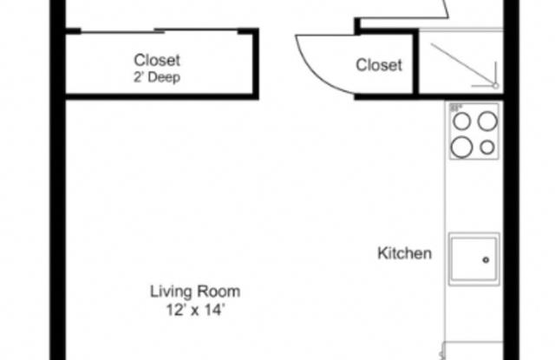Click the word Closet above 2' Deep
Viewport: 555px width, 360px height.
[157, 60]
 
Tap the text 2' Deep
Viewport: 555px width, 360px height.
[157, 75]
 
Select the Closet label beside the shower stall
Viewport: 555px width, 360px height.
[379, 65]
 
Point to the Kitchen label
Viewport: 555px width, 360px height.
[404, 254]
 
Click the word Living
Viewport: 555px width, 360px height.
[171, 291]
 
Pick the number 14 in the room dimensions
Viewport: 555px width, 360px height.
[214, 309]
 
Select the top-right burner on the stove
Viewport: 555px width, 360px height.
[486, 121]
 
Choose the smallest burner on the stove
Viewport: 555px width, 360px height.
[486, 147]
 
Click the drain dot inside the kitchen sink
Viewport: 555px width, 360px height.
[486, 259]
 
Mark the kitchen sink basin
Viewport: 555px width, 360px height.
[473, 257]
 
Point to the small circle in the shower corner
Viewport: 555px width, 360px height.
[495, 85]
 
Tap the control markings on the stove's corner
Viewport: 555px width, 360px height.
[454, 108]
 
